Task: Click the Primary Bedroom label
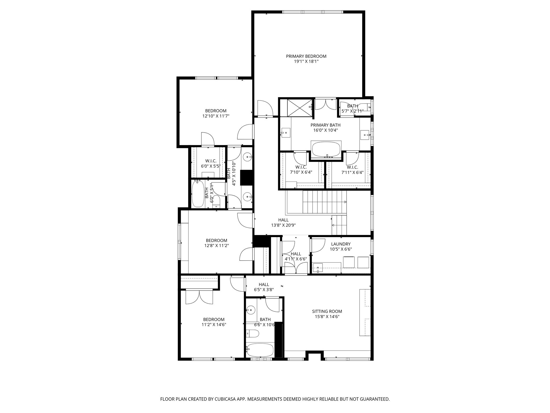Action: [x=306, y=56]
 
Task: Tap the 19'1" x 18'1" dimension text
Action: [x=306, y=62]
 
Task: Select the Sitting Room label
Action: [x=327, y=311]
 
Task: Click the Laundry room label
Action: [x=341, y=244]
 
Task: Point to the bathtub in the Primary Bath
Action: [x=326, y=149]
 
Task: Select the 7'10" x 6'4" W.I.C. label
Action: [x=301, y=170]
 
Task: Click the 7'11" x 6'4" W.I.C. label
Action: [x=352, y=170]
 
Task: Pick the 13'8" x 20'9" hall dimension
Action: [x=283, y=225]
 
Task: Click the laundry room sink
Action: [x=318, y=268]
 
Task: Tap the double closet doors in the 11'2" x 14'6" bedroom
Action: [x=199, y=297]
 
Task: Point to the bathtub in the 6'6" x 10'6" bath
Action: [x=260, y=350]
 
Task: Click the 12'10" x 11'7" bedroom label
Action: [x=216, y=113]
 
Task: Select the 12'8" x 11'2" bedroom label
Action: [x=216, y=243]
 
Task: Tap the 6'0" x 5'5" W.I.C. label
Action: [x=211, y=163]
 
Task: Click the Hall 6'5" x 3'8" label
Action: [x=264, y=287]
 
